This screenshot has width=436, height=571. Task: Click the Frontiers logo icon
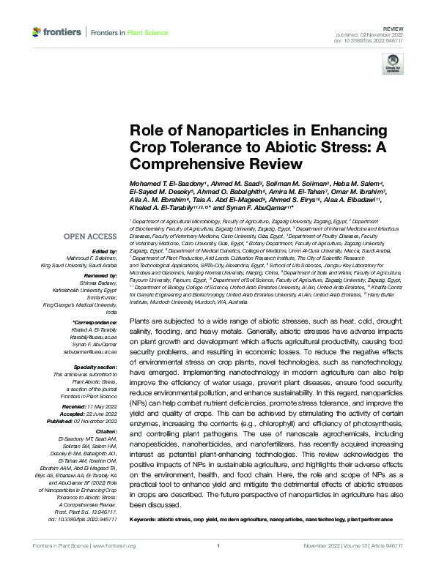[37, 32]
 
